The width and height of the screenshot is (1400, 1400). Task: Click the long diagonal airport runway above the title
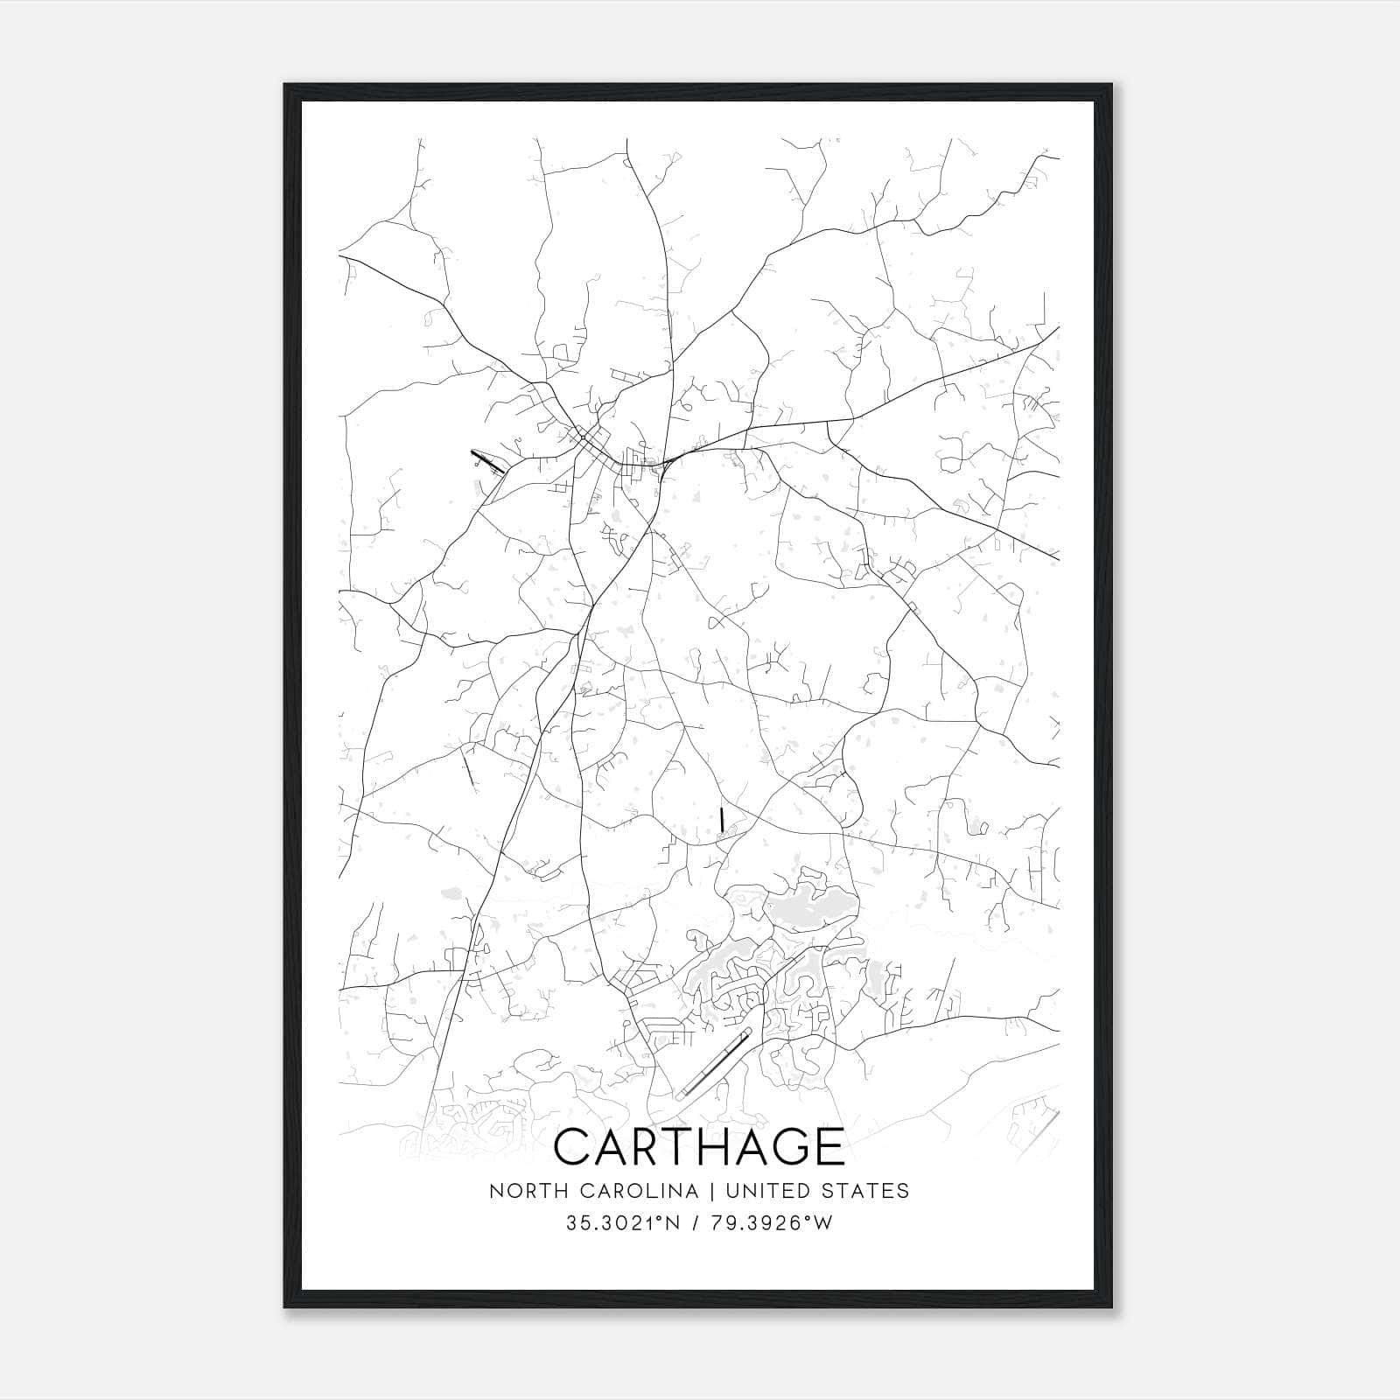click(x=714, y=1062)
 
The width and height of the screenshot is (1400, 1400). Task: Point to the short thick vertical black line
click(x=721, y=820)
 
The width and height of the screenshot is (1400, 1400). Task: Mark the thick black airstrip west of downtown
click(x=487, y=460)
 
